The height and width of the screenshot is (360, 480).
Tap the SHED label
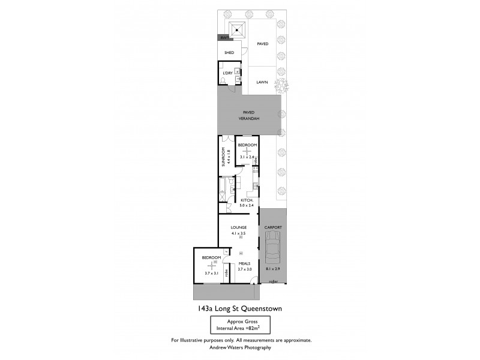(x=229, y=52)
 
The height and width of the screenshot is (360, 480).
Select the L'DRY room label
(x=227, y=73)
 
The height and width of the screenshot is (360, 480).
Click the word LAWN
(x=262, y=82)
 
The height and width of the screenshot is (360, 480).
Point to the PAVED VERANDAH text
(x=248, y=115)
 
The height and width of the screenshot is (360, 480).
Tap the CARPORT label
(x=273, y=228)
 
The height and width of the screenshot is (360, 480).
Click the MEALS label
(x=245, y=263)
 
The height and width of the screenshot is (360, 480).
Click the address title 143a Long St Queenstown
(x=240, y=309)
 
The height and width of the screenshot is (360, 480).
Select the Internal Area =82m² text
(x=240, y=328)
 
